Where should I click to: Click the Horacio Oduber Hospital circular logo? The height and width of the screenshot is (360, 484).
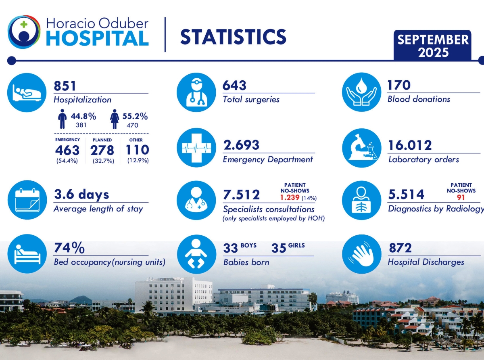24,32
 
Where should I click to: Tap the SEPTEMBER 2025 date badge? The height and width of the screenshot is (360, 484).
433,46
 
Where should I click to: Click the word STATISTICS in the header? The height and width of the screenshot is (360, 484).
233,37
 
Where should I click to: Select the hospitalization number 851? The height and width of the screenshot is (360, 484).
65,86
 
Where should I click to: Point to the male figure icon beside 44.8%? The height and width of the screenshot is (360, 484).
62,120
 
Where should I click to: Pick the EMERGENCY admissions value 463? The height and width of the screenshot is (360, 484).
67,150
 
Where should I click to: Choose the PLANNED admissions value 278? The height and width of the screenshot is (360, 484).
102,150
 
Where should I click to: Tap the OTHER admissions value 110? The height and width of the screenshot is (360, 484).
137,150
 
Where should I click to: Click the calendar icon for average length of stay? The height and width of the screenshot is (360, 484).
27,200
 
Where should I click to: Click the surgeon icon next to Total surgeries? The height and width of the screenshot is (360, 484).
196,92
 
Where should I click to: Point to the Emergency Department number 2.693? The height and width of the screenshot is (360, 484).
241,145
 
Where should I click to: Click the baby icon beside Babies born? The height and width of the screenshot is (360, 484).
196,254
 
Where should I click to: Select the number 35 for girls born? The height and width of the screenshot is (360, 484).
279,248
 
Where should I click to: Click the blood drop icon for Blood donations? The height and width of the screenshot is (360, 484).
362,92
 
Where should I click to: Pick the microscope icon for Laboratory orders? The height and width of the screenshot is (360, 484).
362,148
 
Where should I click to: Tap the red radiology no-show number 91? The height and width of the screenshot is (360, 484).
461,198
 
